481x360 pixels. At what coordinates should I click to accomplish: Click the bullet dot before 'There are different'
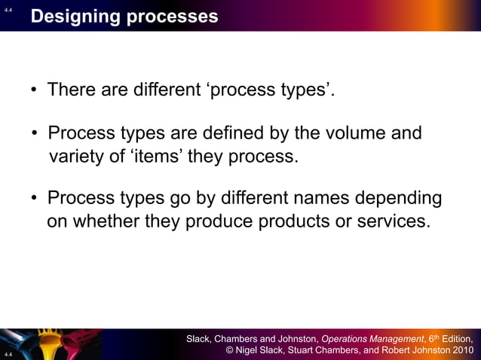[x=34, y=92]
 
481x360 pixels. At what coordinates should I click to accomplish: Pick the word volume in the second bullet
[x=354, y=134]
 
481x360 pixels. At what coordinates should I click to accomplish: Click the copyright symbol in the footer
[x=230, y=351]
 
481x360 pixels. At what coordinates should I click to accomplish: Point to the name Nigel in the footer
[x=250, y=351]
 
